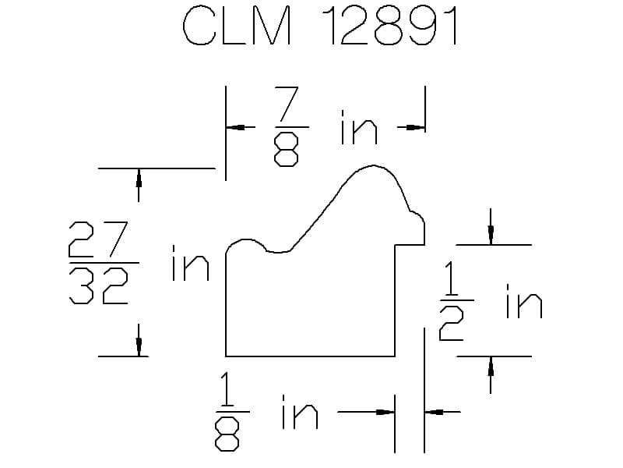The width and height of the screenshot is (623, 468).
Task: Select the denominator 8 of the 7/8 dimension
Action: click(286, 149)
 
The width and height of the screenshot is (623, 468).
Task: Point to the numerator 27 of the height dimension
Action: click(99, 239)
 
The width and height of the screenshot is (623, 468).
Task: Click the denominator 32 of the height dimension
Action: click(99, 285)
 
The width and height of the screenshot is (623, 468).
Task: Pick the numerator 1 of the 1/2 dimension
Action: click(451, 278)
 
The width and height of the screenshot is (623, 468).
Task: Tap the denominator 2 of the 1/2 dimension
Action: click(452, 324)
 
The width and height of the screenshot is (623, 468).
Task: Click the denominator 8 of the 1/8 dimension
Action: click(227, 434)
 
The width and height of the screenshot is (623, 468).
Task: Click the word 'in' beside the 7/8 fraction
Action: click(358, 127)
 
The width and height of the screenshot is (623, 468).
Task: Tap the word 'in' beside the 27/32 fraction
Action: click(190, 263)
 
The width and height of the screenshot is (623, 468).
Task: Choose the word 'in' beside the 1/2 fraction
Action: click(524, 301)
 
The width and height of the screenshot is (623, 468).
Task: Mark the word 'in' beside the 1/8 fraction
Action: click(300, 412)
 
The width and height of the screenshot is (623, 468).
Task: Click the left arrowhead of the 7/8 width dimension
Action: click(236, 127)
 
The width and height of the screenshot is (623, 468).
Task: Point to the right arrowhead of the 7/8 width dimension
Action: click(416, 127)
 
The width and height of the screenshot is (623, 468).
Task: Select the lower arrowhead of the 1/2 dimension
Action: click(491, 366)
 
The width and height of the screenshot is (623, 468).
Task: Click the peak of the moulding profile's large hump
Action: click(373, 165)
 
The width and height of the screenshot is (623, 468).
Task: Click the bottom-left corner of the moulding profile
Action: click(226, 356)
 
